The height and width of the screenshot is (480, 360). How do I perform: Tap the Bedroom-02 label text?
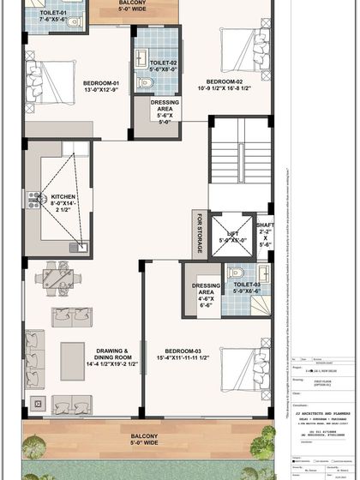click(x=225, y=83)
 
